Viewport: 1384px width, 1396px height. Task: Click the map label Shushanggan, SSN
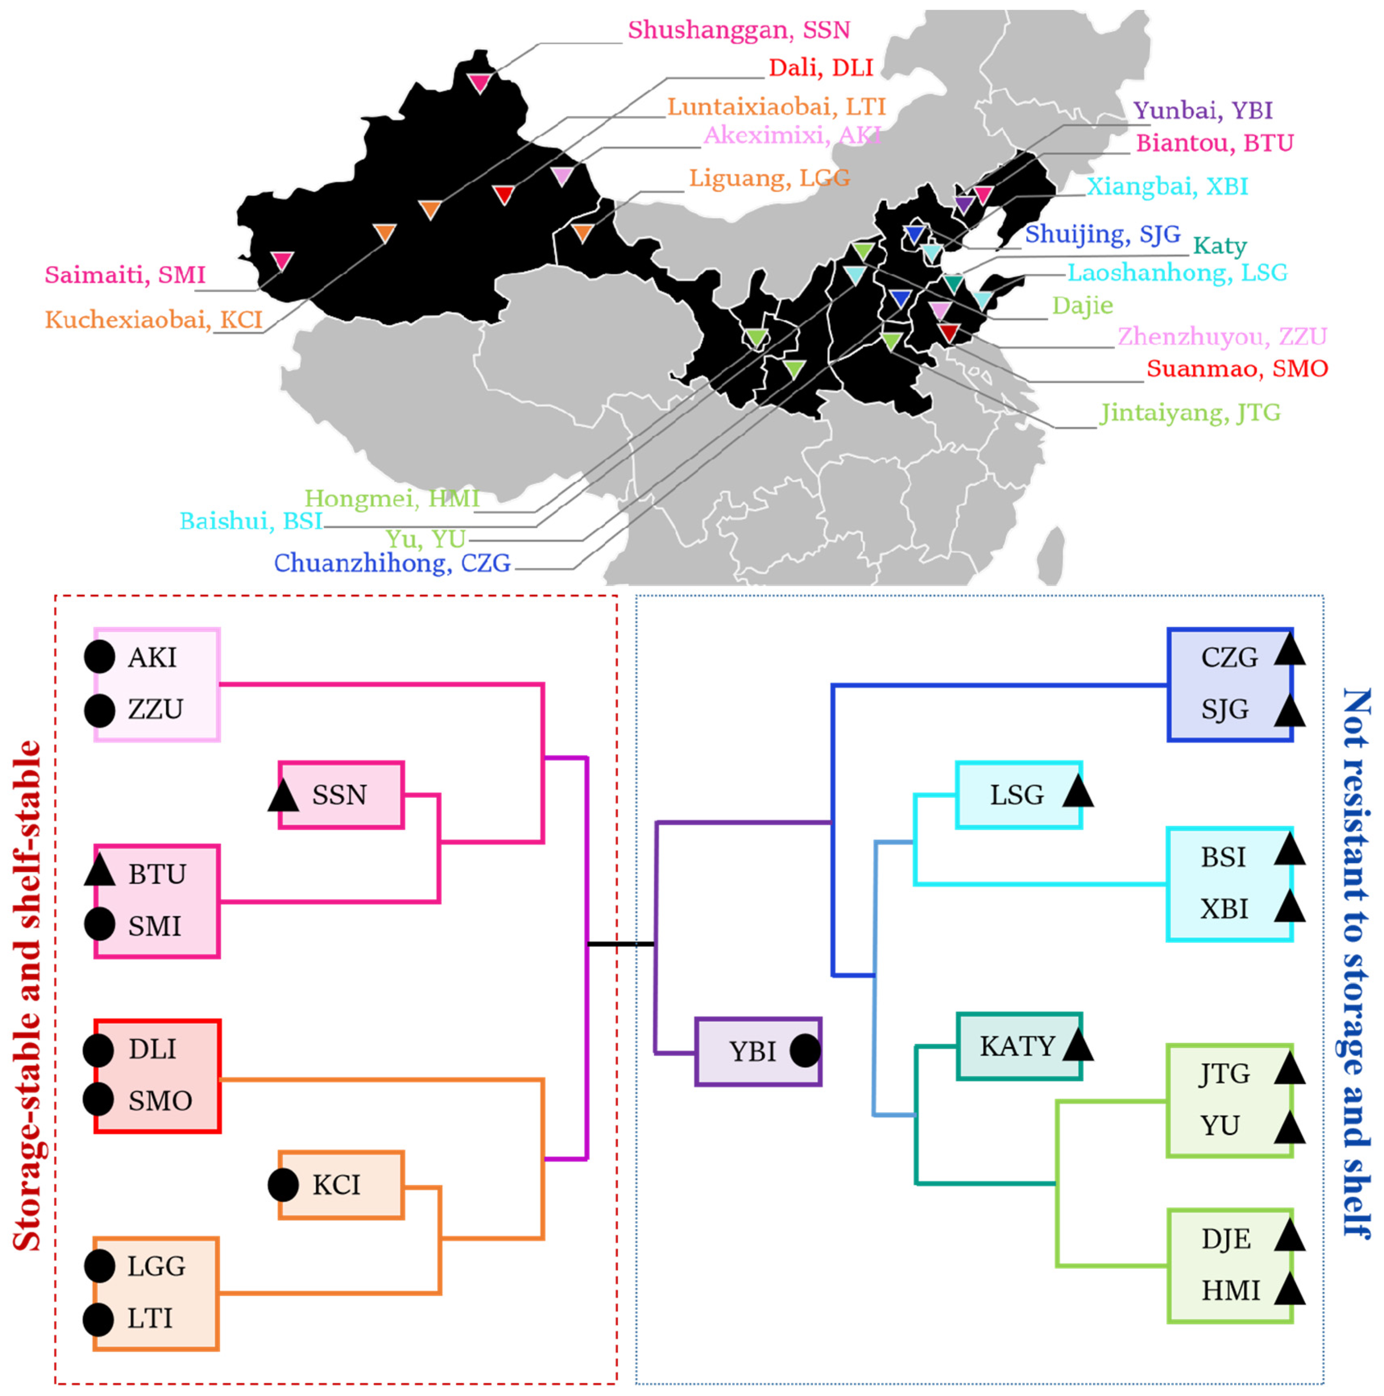click(738, 30)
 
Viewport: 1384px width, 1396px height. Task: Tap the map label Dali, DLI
click(821, 68)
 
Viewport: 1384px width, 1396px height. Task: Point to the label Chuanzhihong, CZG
click(392, 563)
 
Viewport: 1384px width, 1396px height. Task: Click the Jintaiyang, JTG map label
click(1190, 412)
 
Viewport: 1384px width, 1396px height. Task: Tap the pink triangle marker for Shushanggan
click(479, 83)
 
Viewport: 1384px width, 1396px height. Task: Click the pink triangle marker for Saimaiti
click(282, 260)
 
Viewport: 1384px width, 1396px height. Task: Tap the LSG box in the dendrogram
click(1018, 795)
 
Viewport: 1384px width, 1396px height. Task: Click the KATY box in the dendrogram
click(1018, 1046)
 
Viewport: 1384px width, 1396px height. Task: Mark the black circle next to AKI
click(100, 657)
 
